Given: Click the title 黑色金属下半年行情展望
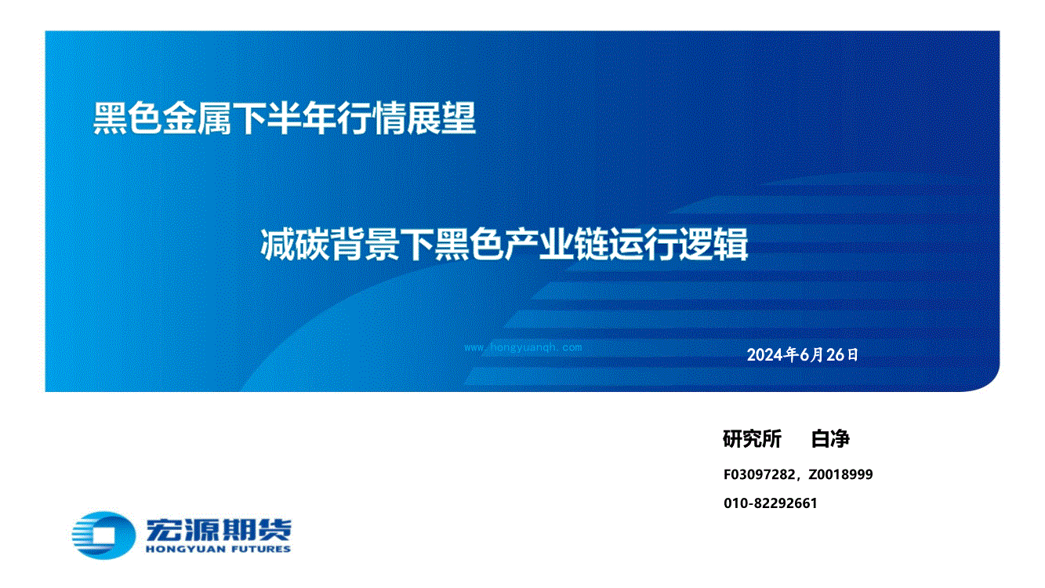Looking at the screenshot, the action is tap(285, 118).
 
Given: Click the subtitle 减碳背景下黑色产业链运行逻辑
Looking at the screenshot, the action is tap(504, 244).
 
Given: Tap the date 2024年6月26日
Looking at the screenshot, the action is tap(803, 354).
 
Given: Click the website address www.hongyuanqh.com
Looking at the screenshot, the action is tap(523, 347).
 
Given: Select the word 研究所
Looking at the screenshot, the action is tap(752, 439).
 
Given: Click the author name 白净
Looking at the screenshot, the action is tap(830, 439).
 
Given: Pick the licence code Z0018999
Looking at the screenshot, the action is tap(840, 474).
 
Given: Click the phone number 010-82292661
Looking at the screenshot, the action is tap(770, 503).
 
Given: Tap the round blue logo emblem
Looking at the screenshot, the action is tap(103, 535).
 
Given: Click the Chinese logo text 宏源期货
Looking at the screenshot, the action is tap(219, 530).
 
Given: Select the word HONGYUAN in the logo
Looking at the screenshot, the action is tap(186, 550).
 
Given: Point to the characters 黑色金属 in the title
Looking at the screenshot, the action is tap(162, 118).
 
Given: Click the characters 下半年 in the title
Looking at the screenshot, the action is tap(285, 118).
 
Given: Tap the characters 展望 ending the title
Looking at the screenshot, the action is tap(441, 118).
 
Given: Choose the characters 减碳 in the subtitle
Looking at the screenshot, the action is tap(295, 244).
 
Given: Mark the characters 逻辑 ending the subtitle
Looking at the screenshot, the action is tap(713, 244).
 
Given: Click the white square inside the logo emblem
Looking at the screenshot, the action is tap(103, 535).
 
